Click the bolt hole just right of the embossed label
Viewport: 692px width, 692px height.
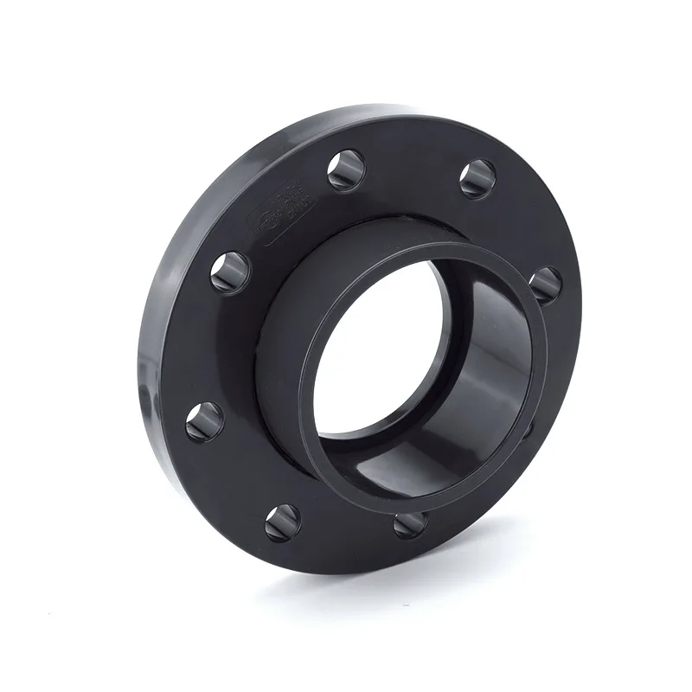coord(346,170)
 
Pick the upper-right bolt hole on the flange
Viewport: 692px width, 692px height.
coord(477,179)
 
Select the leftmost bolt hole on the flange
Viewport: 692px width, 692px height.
coord(204,420)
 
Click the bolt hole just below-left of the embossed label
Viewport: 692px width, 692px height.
coord(230,271)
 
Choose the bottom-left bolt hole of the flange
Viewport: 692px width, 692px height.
coord(282,522)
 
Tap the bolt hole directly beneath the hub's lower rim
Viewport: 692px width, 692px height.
coord(411,523)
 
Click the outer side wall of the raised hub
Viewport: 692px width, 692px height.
coord(294,294)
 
